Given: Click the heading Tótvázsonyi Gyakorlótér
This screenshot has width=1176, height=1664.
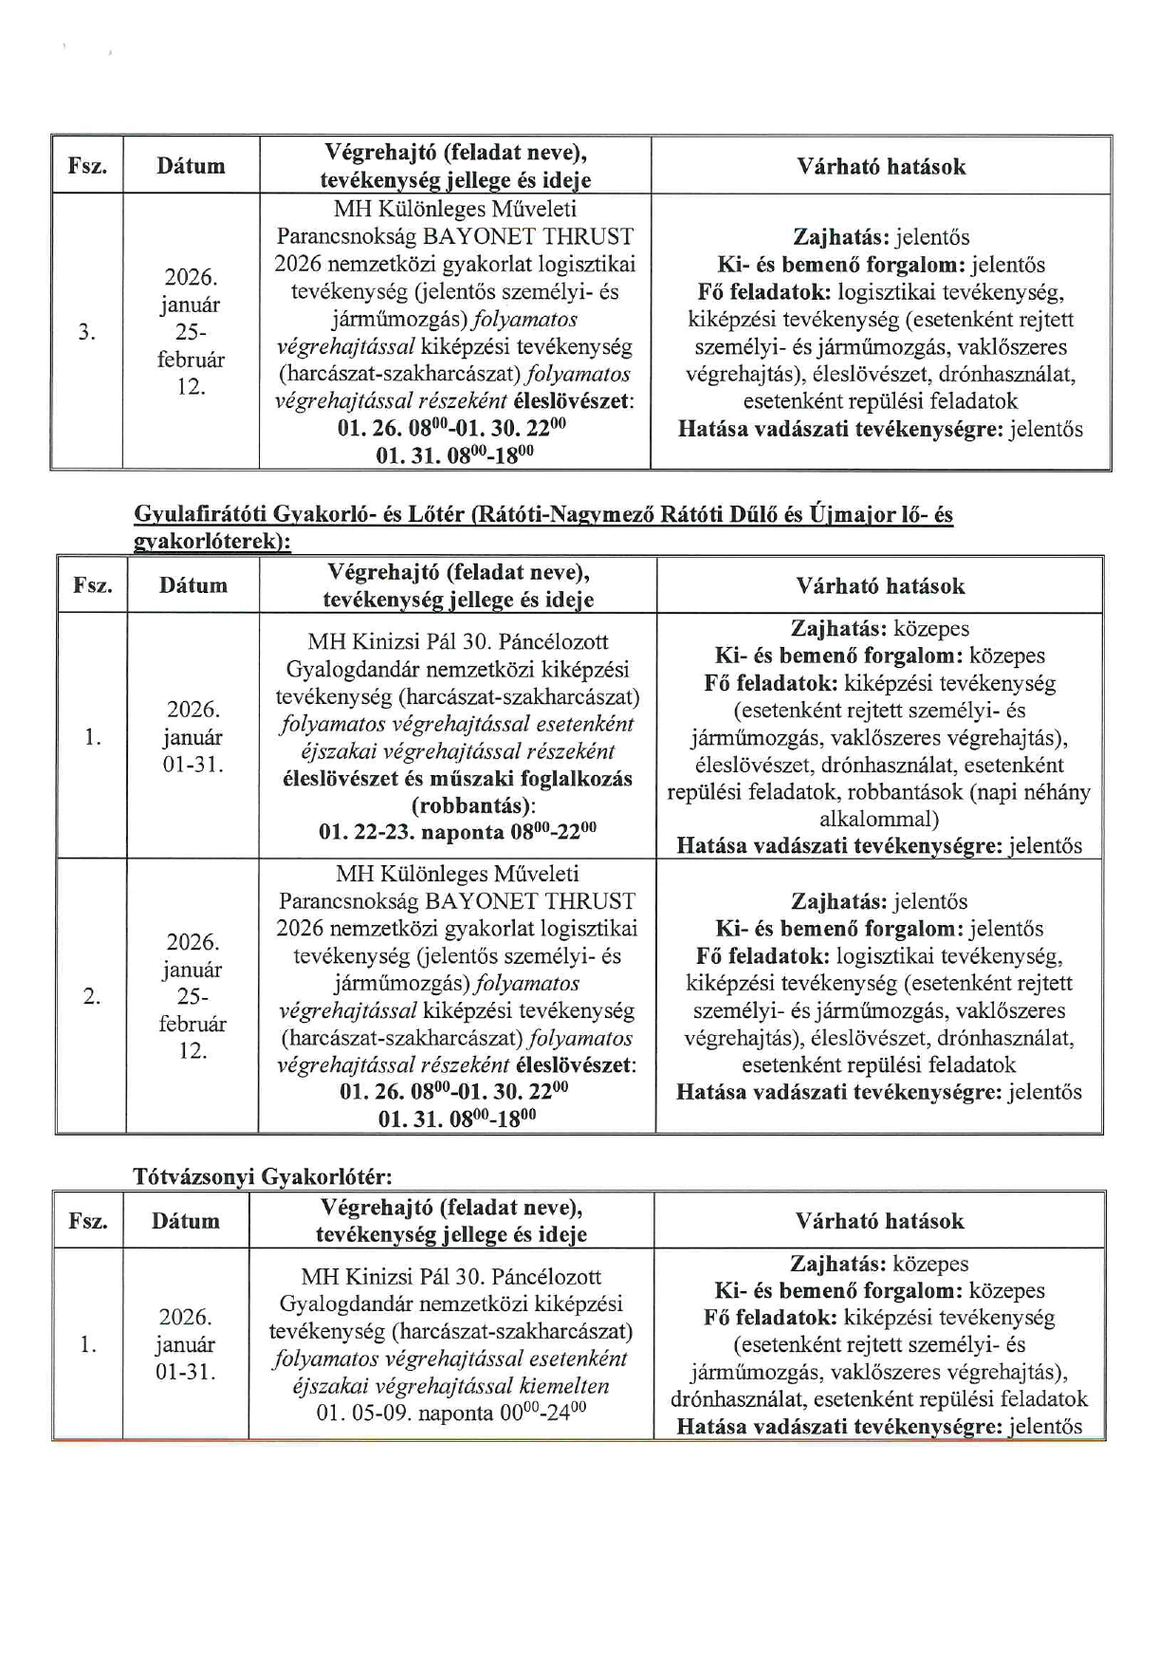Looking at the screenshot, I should point(262,1176).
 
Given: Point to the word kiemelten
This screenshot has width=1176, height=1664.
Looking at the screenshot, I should point(565,1385).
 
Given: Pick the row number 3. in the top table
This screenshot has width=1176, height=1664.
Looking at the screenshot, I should point(86,332).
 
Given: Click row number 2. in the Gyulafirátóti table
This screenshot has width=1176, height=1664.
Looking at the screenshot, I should point(91,996).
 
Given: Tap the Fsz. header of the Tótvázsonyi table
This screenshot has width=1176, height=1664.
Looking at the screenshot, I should point(87,1221).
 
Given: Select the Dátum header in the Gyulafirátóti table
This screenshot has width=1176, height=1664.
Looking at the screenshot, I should point(193,585).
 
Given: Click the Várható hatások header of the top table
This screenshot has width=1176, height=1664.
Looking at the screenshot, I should point(881,167).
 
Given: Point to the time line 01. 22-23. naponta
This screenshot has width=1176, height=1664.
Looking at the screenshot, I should point(457,833).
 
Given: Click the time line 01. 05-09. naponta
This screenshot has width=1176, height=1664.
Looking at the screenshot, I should point(450,1413).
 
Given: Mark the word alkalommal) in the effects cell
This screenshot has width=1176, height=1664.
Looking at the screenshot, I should point(879,819).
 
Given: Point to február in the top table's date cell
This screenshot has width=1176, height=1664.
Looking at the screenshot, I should point(191,360).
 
